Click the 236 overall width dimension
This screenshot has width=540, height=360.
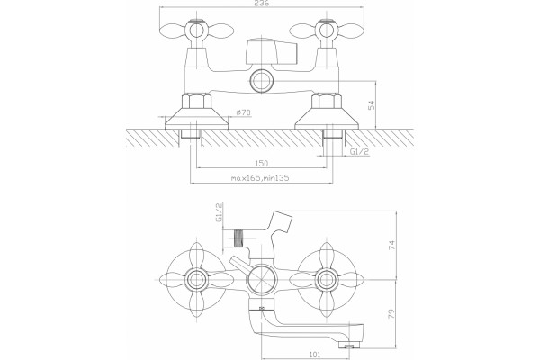tap(262, 3)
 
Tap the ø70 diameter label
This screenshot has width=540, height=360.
tap(244, 112)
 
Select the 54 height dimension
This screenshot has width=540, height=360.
tap(372, 105)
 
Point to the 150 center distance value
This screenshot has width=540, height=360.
tap(262, 163)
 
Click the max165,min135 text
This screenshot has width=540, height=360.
tap(260, 178)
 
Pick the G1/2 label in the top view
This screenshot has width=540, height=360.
tap(359, 151)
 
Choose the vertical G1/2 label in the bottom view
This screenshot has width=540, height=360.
tap(219, 213)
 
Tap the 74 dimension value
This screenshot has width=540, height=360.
tap(391, 246)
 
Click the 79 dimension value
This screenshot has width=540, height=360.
tap(391, 314)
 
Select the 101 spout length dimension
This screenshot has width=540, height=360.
tap(315, 354)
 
